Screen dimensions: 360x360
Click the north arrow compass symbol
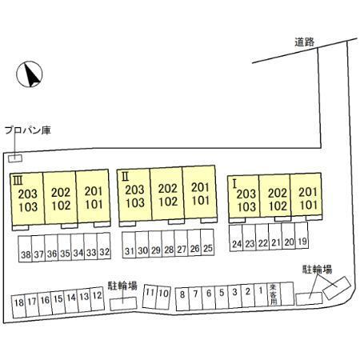pyautogui.click(x=30, y=74)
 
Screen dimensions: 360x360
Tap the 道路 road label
pyautogui.click(x=305, y=42)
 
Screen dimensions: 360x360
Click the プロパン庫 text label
pyautogui.click(x=28, y=130)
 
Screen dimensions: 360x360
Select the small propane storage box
pyautogui.click(x=15, y=158)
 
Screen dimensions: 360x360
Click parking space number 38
pyautogui.click(x=25, y=249)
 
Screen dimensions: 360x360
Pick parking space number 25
pyautogui.click(x=207, y=242)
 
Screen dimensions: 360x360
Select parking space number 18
pyautogui.click(x=18, y=306)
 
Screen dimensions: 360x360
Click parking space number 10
pyautogui.click(x=163, y=298)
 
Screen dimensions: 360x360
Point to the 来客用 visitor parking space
pyautogui.click(x=274, y=294)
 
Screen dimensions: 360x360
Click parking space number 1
pyautogui.click(x=261, y=295)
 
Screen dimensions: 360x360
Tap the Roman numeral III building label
pyautogui.click(x=18, y=182)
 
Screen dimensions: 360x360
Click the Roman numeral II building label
pyautogui.click(x=125, y=176)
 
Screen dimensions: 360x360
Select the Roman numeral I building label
pyautogui.click(x=234, y=184)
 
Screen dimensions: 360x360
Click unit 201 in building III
pyautogui.click(x=94, y=191)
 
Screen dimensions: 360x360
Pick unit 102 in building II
pyautogui.click(x=168, y=202)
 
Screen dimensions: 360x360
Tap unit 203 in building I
pyautogui.click(x=246, y=194)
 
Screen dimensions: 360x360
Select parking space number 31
pyautogui.click(x=129, y=245)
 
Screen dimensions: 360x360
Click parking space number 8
pyautogui.click(x=182, y=299)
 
